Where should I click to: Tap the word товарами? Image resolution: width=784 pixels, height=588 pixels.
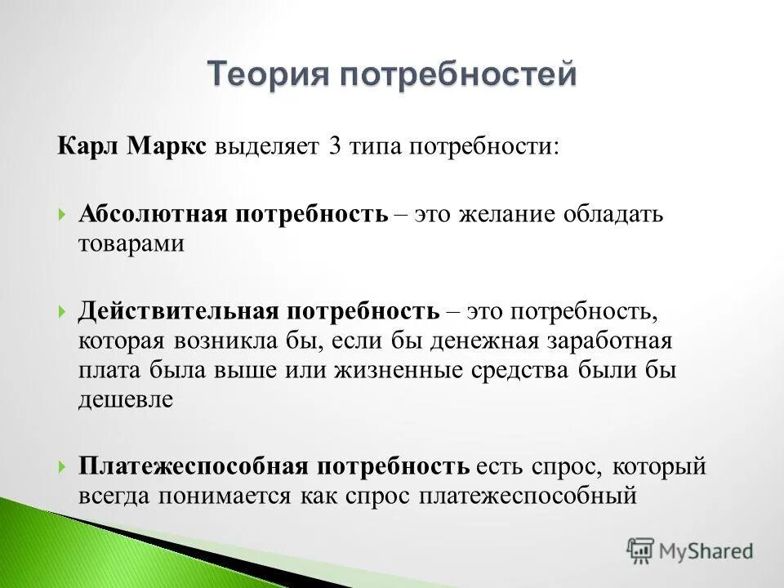131,243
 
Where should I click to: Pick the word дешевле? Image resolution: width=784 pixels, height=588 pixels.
126,399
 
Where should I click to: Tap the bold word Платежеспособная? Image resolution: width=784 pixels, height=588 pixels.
193,466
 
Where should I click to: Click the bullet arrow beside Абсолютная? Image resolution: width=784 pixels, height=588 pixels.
63,215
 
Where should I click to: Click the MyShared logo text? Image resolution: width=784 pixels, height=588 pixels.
707,550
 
